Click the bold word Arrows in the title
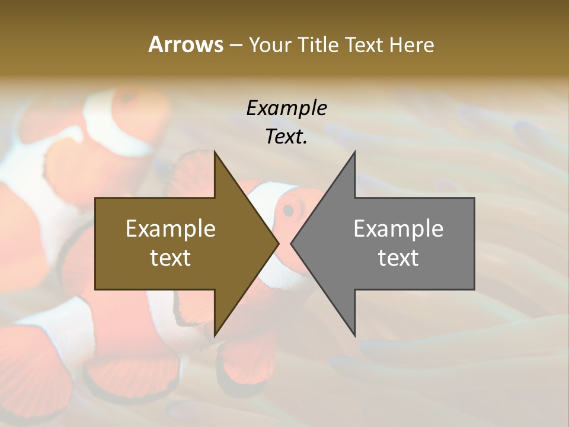point(186,44)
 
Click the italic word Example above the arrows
point(286,108)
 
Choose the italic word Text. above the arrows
point(286,136)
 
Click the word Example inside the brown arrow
point(170,228)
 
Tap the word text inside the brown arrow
point(170,257)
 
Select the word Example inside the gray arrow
point(398,228)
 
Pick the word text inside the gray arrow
point(398,257)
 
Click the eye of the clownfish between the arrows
point(289,209)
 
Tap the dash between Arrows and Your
point(235,45)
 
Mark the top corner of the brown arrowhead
point(215,152)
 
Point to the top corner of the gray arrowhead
point(354,152)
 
